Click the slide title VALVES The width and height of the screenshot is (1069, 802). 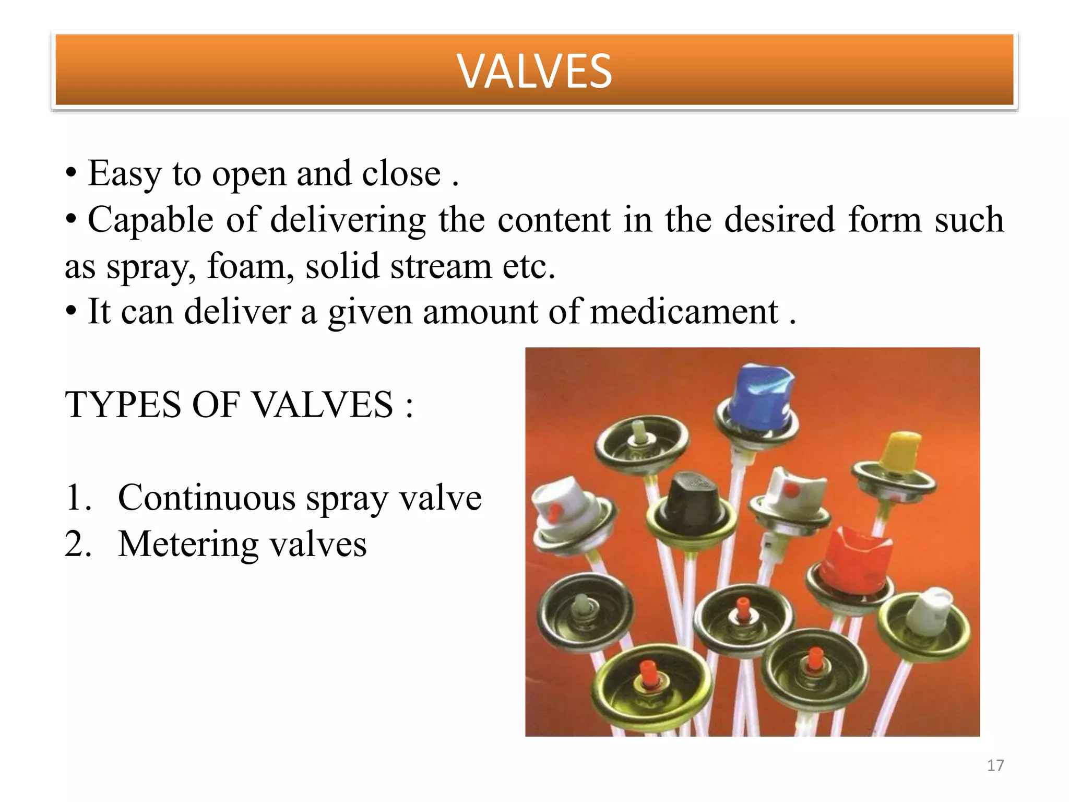534,71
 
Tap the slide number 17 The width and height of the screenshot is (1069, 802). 995,765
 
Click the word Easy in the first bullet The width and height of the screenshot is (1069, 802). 124,174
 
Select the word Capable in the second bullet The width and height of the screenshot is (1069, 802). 150,220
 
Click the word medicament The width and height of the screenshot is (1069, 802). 684,312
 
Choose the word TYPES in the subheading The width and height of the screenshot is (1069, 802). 123,405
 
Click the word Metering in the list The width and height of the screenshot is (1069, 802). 188,544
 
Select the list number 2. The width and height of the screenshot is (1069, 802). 78,544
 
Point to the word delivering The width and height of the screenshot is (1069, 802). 348,220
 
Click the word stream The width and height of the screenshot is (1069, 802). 441,266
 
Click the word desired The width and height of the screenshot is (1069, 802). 780,220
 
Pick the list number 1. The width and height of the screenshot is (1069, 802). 78,498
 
